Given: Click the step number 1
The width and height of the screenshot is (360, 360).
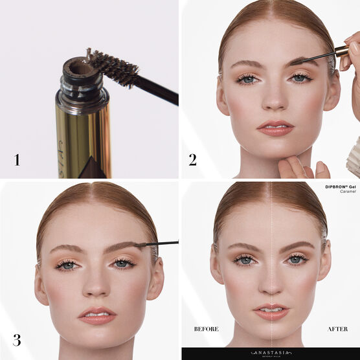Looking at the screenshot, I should (x=17, y=159).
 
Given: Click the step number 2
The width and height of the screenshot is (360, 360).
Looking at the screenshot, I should (x=192, y=159).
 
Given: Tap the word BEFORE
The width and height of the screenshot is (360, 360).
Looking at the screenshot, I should (x=207, y=329).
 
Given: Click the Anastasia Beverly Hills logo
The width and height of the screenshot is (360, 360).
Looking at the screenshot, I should (x=271, y=354).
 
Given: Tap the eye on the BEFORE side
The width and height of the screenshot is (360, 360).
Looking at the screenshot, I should (x=244, y=260).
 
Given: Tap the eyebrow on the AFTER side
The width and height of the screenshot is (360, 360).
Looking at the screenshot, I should (x=295, y=247).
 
